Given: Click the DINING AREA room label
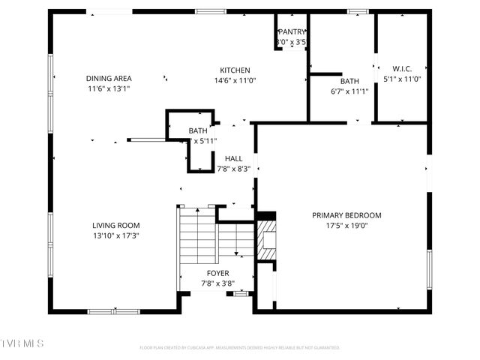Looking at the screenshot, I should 109,78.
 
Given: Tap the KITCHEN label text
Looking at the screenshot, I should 234,70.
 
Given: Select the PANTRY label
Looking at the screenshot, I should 292,32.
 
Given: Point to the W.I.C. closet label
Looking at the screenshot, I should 402,68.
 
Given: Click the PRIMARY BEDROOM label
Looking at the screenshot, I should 346,215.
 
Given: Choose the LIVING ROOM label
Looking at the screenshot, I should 116,225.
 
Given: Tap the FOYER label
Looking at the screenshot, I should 218,273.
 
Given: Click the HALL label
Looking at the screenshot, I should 233,158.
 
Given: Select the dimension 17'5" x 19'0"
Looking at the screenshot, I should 346,226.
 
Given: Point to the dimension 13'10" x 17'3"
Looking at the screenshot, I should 116,235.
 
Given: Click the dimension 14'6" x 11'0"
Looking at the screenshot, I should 235,81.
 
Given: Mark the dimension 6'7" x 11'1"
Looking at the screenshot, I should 349,91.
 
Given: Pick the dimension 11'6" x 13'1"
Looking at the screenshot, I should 109,88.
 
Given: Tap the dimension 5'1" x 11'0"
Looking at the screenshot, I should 402,79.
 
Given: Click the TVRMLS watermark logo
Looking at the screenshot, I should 22,343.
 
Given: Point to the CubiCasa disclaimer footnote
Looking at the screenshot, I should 240,348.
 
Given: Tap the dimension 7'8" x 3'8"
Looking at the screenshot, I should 218,283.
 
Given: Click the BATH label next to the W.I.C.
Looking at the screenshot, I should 349,81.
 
